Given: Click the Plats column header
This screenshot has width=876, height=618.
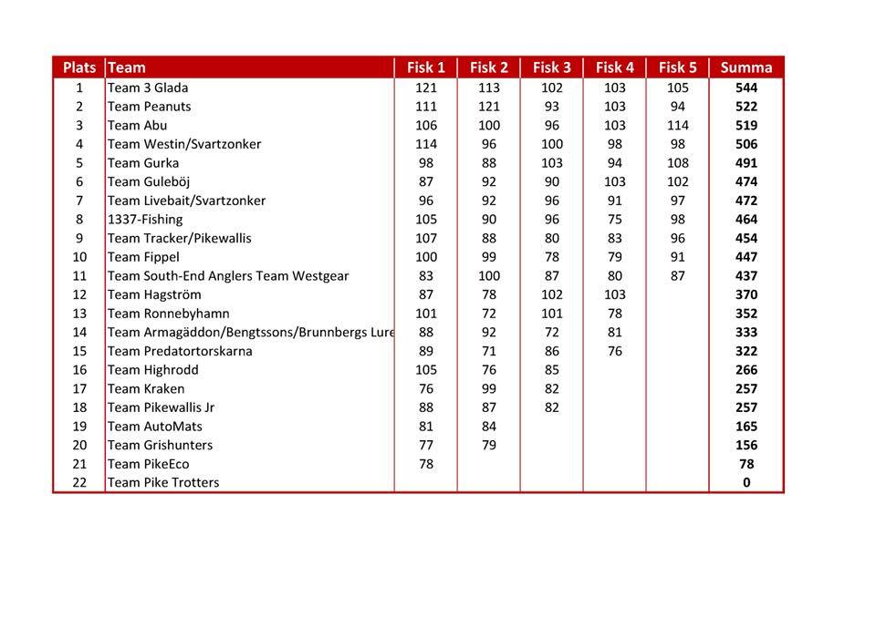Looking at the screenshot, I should pos(79,67).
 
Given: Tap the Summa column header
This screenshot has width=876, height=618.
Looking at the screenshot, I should pos(746,67).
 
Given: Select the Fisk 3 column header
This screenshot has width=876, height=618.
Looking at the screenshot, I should pos(551,67).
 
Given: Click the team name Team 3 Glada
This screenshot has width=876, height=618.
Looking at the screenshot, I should pos(148,88).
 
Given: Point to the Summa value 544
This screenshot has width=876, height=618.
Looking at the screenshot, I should pos(746,88).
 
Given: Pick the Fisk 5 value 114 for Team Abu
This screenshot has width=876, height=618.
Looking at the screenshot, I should pos(677,125).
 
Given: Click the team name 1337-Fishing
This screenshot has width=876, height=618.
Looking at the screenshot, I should pos(145,219).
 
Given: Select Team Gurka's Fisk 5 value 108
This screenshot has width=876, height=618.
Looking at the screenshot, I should pos(677,163).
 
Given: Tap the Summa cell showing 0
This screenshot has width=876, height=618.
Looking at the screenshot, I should pos(746,482).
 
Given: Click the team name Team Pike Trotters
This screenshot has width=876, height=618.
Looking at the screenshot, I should pos(163,482).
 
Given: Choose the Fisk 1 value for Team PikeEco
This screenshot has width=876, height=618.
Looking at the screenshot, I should pos(425,464).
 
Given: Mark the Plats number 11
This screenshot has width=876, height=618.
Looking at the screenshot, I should pos(79,275).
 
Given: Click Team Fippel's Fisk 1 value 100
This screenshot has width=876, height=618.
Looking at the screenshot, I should pos(425,257).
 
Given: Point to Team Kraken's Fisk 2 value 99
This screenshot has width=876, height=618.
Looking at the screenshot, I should pos(488,388).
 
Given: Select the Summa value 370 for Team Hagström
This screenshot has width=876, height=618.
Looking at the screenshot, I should pos(746,294).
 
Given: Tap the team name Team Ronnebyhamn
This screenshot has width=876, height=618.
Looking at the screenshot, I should pos(169,314).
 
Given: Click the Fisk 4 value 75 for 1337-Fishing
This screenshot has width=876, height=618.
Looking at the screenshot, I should pos(614,219).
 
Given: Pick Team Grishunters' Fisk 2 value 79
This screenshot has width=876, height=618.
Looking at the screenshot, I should pos(488,445).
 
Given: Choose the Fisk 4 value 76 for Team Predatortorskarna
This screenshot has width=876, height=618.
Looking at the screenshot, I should pos(614,351).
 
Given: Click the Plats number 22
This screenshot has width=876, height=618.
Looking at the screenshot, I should pos(79,482).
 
